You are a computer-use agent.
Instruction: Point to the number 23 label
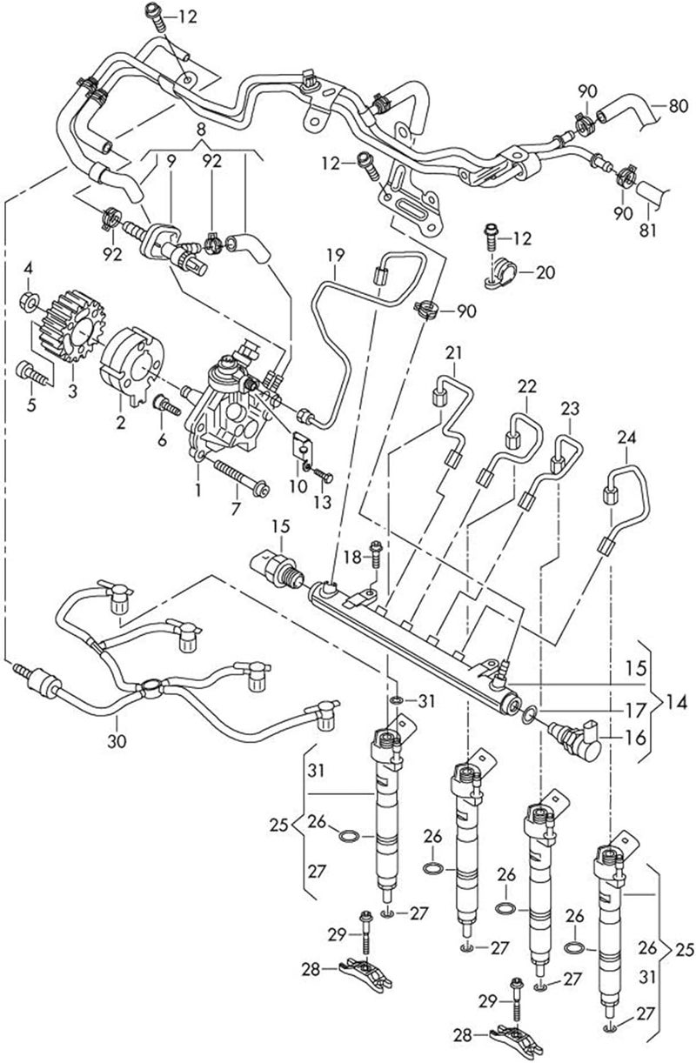coord(569,408)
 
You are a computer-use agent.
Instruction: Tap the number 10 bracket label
coord(297,487)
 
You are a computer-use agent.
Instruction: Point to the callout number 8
coord(201,130)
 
